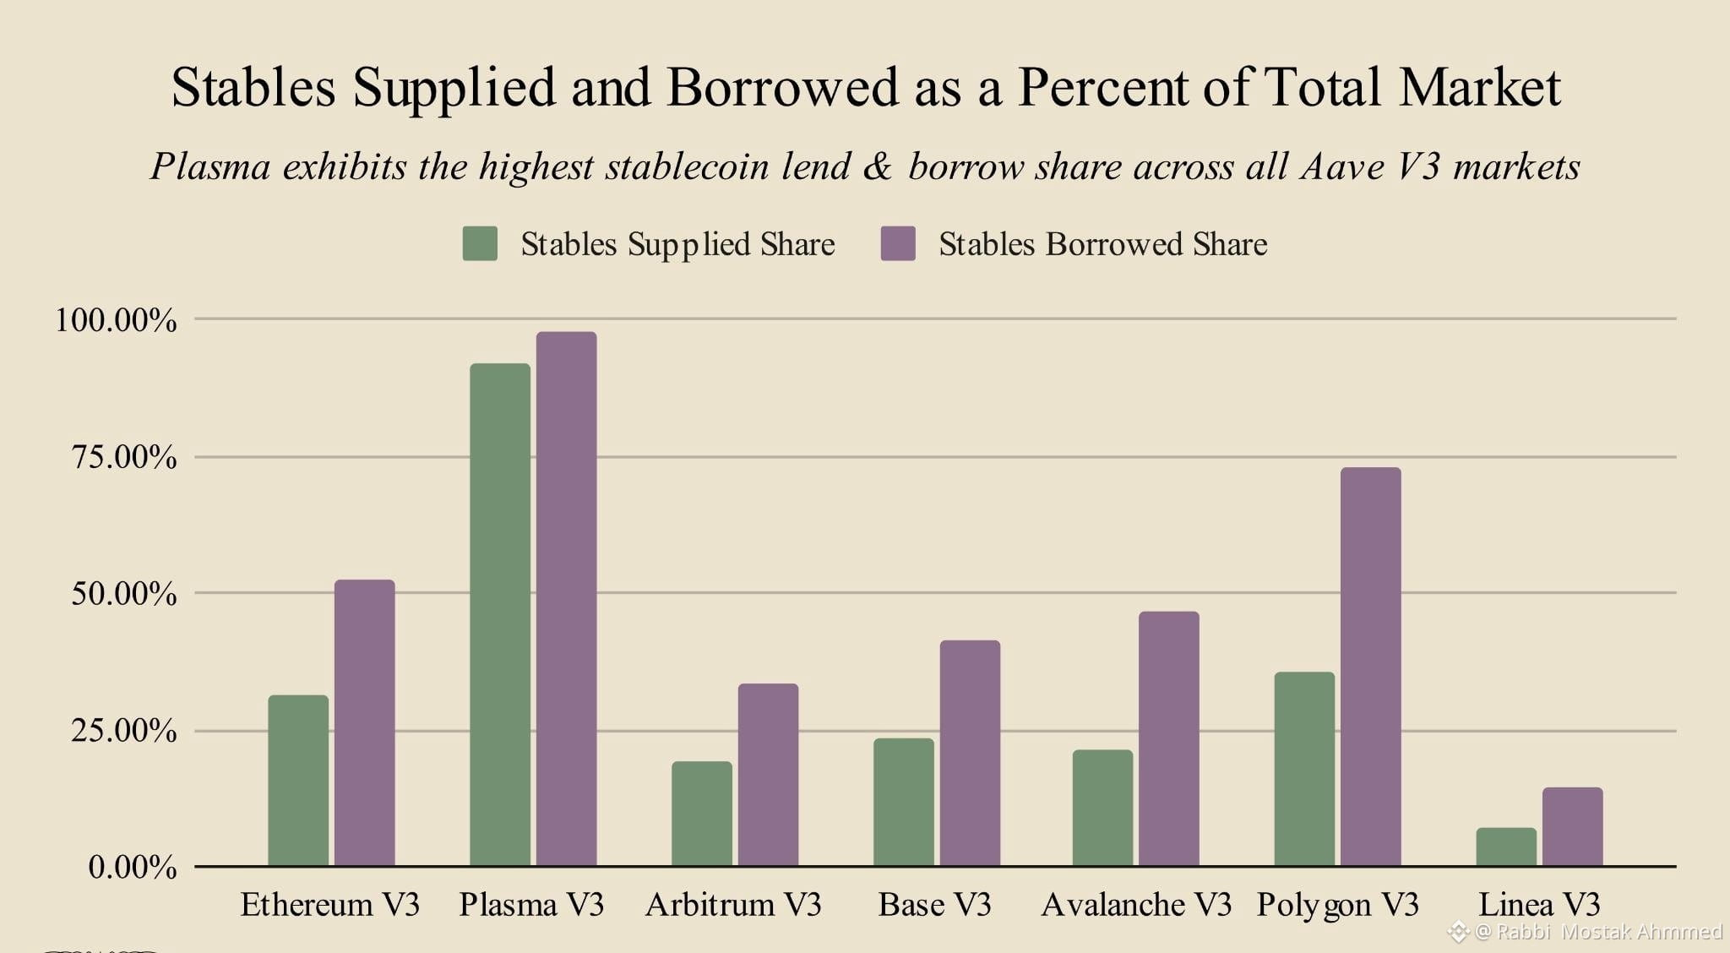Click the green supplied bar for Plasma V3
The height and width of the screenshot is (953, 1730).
(x=500, y=614)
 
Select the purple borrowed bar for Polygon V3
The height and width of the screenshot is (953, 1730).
(x=1370, y=667)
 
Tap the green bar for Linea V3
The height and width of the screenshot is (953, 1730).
(x=1506, y=847)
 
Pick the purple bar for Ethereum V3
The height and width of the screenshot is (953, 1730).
(x=364, y=722)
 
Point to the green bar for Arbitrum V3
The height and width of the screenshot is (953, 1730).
(x=702, y=814)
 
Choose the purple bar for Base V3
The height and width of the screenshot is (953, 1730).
(x=970, y=753)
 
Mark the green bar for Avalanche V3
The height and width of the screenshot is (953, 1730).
(x=1102, y=808)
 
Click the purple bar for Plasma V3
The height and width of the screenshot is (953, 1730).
(x=566, y=599)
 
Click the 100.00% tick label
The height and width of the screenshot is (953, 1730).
(x=116, y=320)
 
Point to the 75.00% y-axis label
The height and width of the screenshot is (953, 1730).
(x=124, y=457)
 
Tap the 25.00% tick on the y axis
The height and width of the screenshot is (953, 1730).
(x=124, y=731)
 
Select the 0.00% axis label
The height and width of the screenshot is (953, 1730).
(x=133, y=868)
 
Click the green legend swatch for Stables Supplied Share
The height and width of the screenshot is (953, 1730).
(x=480, y=243)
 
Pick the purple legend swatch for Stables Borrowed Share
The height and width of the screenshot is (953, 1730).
(x=898, y=243)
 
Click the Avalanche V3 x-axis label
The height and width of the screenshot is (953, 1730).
(x=1136, y=905)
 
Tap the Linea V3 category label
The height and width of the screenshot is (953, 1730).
(x=1539, y=905)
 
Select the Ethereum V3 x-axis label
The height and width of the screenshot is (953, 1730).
(x=329, y=905)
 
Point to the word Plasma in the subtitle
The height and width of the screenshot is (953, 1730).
(x=210, y=166)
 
